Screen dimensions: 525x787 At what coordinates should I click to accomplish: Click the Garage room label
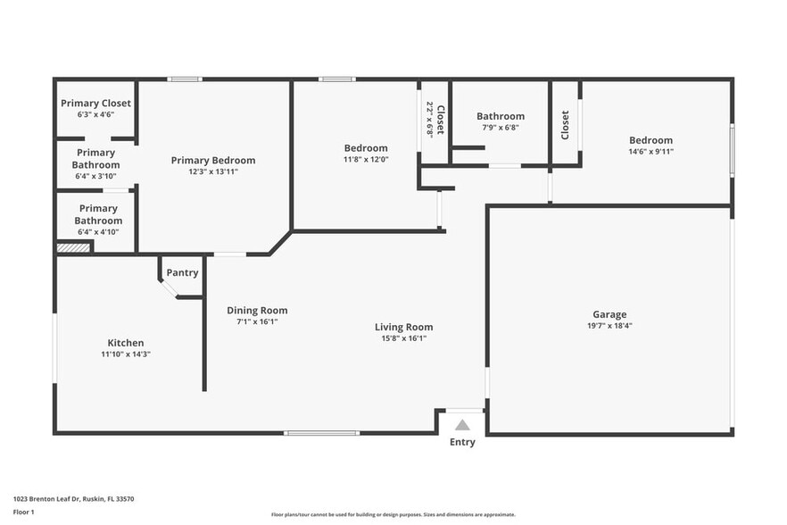tap(609, 314)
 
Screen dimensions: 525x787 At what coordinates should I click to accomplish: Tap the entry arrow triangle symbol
tap(462, 425)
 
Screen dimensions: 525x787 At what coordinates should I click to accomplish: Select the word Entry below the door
tap(462, 442)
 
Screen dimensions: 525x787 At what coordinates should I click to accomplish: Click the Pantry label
tap(182, 273)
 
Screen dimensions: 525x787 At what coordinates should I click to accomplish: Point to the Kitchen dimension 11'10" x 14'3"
tap(126, 354)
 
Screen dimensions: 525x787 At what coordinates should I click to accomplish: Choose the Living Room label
tap(403, 327)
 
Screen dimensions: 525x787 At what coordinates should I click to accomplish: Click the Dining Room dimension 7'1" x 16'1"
tap(257, 321)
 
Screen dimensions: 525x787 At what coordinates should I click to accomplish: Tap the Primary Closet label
tap(95, 104)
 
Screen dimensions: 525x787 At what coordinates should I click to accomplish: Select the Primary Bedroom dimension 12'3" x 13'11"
tap(213, 171)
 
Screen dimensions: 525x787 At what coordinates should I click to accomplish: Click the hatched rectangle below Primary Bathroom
tap(73, 247)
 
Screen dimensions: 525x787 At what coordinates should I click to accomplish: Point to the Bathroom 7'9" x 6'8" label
tap(500, 121)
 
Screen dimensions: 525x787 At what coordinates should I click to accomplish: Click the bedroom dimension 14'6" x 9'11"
tap(650, 152)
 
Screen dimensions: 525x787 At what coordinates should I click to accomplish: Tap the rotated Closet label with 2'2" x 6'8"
tap(435, 119)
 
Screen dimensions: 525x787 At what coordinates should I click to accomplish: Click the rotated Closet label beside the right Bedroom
tap(565, 125)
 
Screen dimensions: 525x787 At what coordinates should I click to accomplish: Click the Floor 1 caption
tap(23, 512)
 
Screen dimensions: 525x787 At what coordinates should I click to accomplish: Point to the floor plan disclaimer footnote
tap(393, 514)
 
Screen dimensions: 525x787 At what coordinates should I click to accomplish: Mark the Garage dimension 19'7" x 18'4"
tap(609, 326)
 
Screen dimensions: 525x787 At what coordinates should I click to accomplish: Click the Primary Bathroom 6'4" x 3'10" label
tap(95, 164)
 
